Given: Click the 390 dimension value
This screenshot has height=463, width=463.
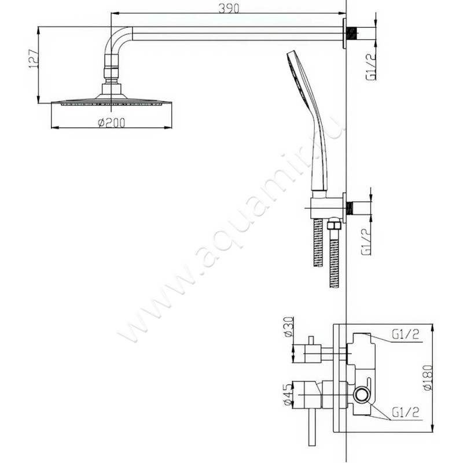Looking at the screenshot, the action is click(229, 8).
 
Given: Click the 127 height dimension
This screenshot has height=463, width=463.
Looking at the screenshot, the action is click(34, 60).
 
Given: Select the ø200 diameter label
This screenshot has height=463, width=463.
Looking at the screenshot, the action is click(111, 122).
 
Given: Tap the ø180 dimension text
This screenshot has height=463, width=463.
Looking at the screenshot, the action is click(428, 378).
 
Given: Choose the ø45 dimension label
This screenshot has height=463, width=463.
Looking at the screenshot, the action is click(288, 395).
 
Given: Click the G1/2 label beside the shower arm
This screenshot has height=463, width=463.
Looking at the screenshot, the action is click(371, 66).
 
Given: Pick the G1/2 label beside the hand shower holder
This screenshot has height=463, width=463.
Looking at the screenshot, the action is click(366, 242).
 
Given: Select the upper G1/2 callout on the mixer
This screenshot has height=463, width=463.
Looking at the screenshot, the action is click(406, 335).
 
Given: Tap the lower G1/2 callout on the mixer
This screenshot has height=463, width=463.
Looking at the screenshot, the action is click(406, 412).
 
